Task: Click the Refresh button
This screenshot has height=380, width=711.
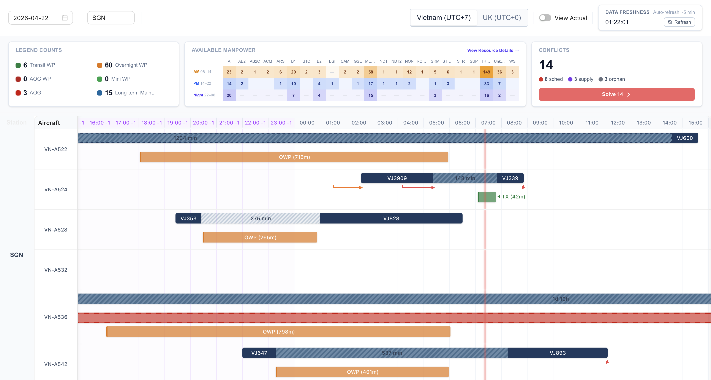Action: tap(679, 22)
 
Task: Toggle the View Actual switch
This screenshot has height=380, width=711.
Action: tap(545, 18)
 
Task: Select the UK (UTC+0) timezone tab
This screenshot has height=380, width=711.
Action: tap(501, 18)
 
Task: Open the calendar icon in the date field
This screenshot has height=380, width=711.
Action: tap(65, 18)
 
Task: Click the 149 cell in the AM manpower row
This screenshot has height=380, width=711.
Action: tap(486, 72)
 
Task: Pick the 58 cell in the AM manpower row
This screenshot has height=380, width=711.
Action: tap(370, 72)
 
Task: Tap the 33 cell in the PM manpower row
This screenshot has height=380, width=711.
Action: tap(486, 83)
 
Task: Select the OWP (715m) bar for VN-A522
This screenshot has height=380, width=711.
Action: tap(294, 157)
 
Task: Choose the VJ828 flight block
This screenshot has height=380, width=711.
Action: tap(391, 218)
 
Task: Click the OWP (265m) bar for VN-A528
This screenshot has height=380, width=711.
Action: tap(260, 237)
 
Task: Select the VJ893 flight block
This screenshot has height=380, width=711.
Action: tap(558, 353)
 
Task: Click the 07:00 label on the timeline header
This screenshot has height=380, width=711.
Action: tap(488, 123)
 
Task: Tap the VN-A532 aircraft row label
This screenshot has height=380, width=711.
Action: tap(56, 270)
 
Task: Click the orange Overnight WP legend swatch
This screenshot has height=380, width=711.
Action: tap(100, 65)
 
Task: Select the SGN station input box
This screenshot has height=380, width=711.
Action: tap(111, 18)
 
